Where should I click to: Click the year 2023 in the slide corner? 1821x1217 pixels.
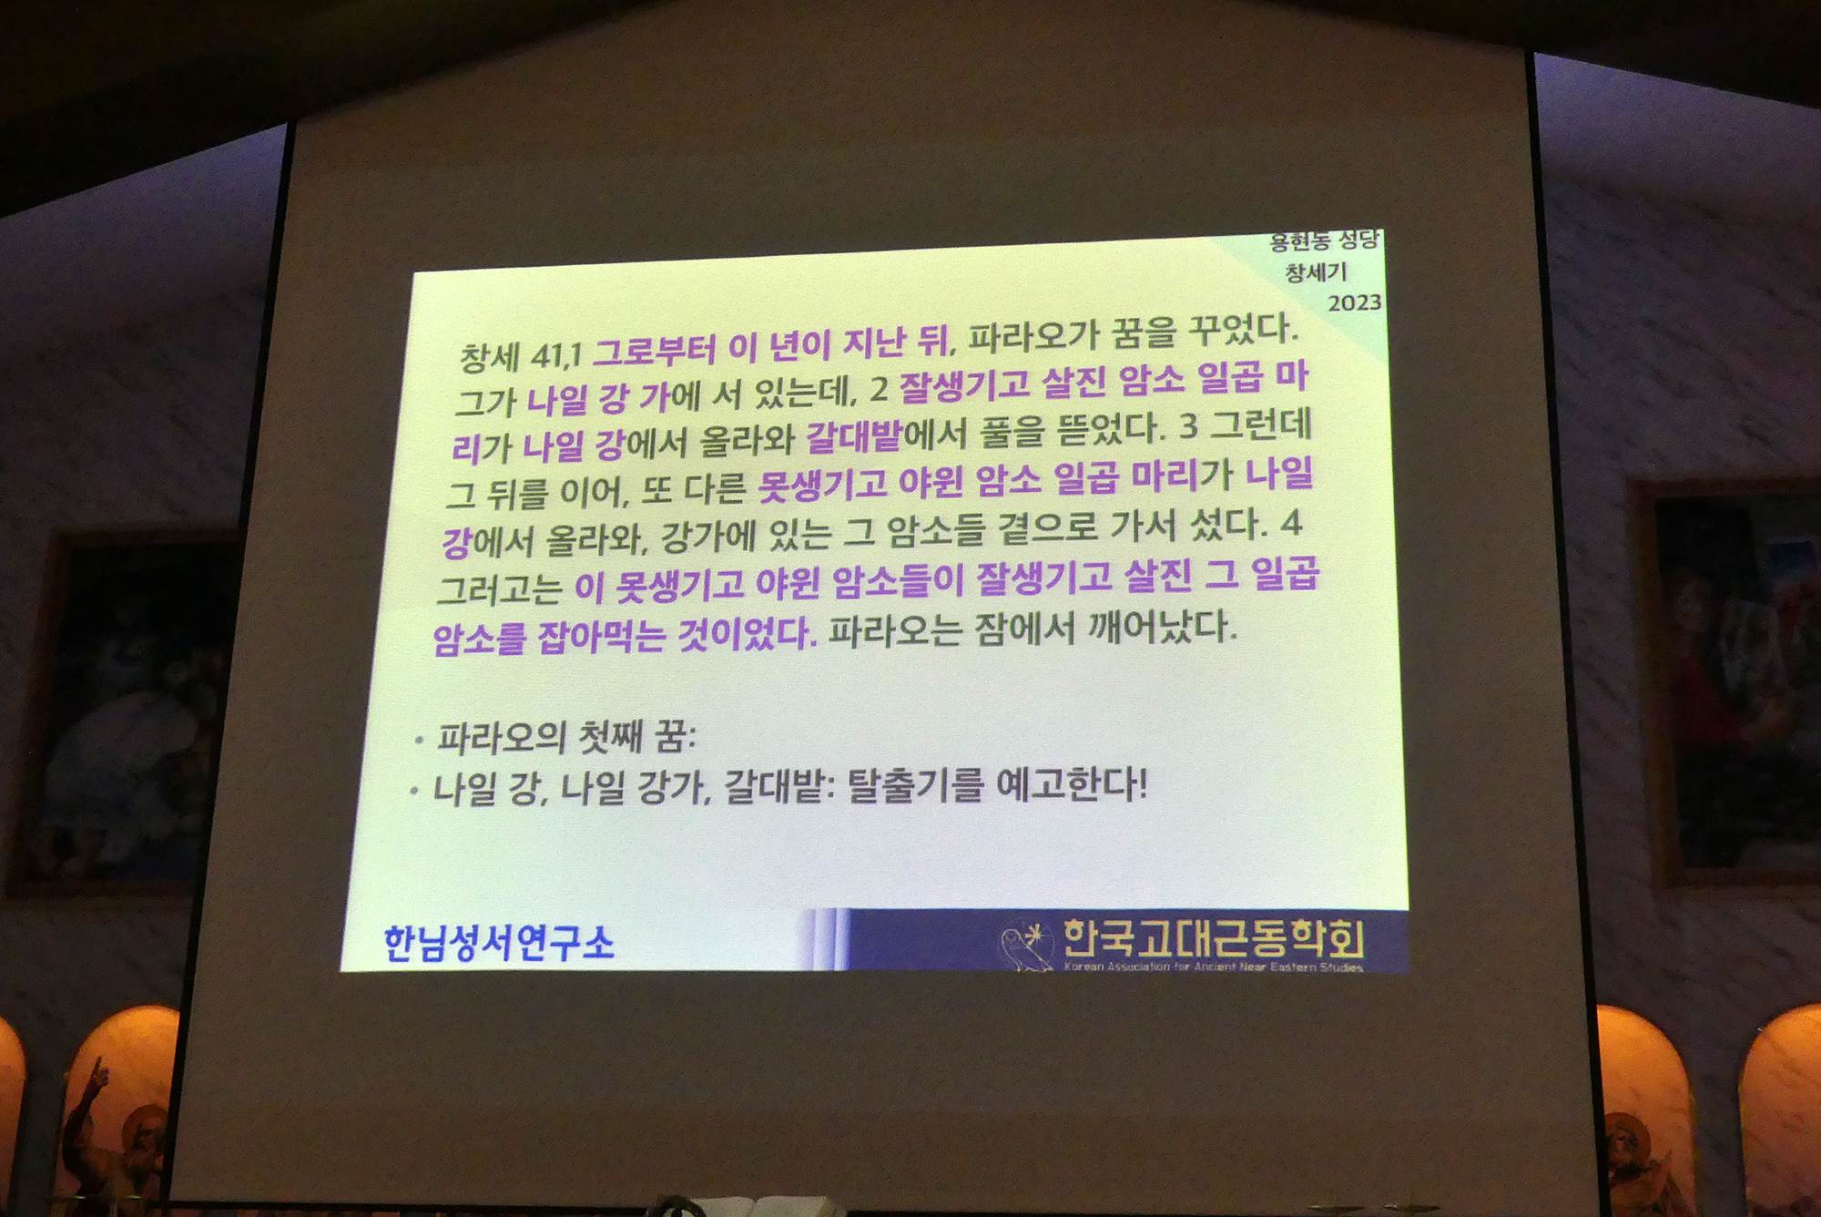click(1355, 302)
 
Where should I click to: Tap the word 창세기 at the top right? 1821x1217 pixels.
click(1316, 272)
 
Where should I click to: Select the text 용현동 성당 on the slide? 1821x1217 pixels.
click(1325, 241)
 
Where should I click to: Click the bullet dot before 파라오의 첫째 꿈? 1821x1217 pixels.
click(418, 741)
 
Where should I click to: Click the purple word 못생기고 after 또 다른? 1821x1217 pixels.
click(822, 484)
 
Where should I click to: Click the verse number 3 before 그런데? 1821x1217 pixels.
click(1189, 425)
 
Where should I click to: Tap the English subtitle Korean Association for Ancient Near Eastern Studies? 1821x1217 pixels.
click(1214, 966)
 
